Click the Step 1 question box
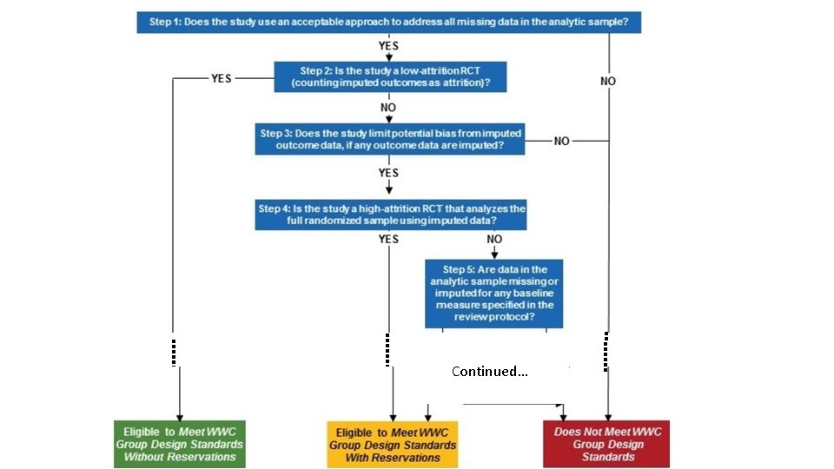pos(388,22)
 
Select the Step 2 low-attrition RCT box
pos(390,76)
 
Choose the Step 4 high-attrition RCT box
pos(391,215)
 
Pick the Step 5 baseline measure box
pos(493,294)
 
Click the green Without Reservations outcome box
pos(180,444)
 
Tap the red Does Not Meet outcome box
pos(607,444)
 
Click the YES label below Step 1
pos(389,44)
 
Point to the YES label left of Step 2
pos(222,77)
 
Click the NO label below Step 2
pos(388,108)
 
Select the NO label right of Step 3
pos(563,141)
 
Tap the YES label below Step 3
pos(388,173)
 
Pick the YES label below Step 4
pos(388,239)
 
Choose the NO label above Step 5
pos(494,239)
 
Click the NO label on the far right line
pos(608,81)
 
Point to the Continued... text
pos(489,372)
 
